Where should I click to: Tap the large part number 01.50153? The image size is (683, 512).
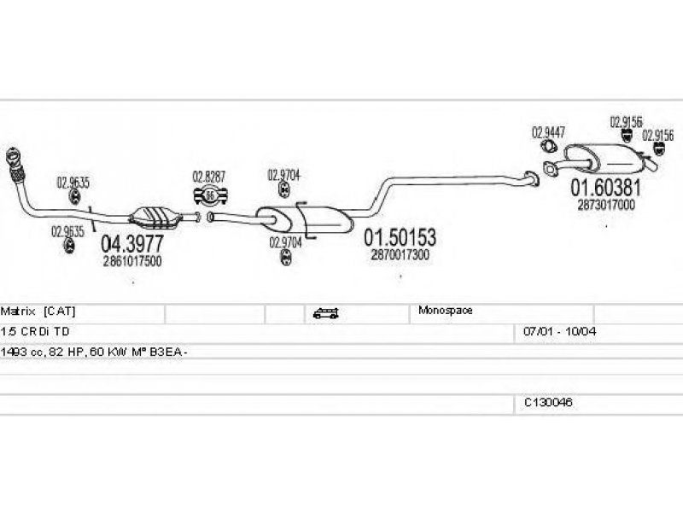pyautogui.click(x=400, y=237)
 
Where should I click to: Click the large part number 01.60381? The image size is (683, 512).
pyautogui.click(x=605, y=188)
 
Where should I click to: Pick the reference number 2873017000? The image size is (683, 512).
pyautogui.click(x=605, y=205)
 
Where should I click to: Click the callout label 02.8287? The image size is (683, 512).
pyautogui.click(x=208, y=177)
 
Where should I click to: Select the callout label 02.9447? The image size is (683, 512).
pyautogui.click(x=548, y=132)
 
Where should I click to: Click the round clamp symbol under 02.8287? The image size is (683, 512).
pyautogui.click(x=211, y=195)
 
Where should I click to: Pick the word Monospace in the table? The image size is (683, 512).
pyautogui.click(x=446, y=311)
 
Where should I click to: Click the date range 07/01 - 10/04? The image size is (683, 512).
pyautogui.click(x=554, y=329)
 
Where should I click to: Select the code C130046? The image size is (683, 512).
pyautogui.click(x=548, y=401)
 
